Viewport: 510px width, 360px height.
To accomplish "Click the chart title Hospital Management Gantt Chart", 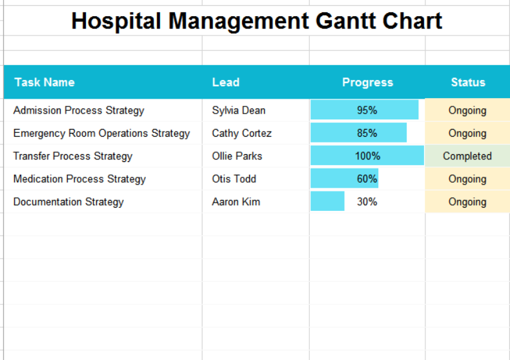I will [256, 21].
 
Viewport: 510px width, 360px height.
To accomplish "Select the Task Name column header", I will [45, 82].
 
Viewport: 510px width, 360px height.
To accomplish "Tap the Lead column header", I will [225, 82].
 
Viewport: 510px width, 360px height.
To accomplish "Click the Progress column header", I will [367, 82].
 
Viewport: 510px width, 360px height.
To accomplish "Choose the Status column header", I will [467, 82].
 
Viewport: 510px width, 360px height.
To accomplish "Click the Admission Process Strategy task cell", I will [79, 110].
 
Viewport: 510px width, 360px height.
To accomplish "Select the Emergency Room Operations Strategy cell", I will [101, 133].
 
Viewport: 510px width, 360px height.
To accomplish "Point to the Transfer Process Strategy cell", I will [73, 156].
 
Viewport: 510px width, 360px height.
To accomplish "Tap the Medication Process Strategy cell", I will [79, 179].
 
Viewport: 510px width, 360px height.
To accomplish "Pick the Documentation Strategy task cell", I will [68, 202].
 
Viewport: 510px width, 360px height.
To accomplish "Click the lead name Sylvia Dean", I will [238, 110].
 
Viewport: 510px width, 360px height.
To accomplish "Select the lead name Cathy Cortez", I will [241, 133].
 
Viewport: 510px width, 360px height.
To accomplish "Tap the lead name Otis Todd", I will [234, 179].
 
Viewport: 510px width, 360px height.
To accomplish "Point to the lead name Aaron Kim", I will [236, 202].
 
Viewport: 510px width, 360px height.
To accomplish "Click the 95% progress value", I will [367, 110].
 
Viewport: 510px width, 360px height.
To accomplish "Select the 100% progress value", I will [367, 156].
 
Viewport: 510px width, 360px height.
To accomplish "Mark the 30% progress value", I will [367, 202].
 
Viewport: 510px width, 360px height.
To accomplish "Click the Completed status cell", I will [467, 156].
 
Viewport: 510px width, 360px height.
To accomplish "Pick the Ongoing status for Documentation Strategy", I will [467, 202].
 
